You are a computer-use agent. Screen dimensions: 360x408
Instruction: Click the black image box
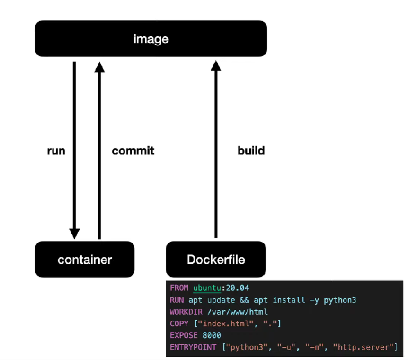coord(151,39)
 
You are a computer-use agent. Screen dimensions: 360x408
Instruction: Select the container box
coord(84,260)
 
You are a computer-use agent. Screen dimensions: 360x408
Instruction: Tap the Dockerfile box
coord(215,260)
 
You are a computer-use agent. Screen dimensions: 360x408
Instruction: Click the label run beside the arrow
coord(56,151)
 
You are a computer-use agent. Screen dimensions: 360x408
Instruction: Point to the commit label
coord(133,151)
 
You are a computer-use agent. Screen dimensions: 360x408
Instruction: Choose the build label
coord(251,151)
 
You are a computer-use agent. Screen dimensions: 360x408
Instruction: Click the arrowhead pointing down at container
coord(74,233)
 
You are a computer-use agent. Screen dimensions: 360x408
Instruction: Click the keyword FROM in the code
coord(179,288)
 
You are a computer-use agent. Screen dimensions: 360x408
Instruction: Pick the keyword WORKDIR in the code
coord(186,312)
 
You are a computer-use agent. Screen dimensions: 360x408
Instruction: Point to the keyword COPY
coord(179,324)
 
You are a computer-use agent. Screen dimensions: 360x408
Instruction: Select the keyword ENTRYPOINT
coord(193,348)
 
